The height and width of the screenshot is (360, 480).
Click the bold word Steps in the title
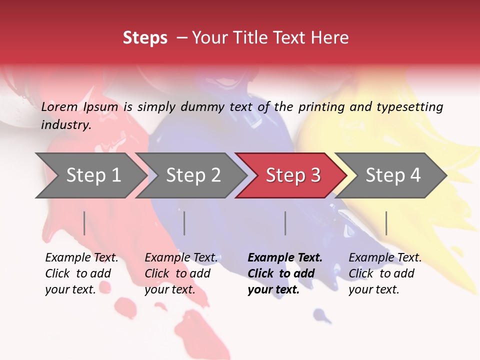pos(145,38)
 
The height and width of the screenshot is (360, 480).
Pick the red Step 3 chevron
pos(291,175)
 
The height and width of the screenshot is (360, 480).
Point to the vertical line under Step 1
pos(84,223)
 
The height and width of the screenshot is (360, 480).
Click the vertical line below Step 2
pos(184,223)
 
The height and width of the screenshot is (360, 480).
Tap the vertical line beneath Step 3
pos(285,223)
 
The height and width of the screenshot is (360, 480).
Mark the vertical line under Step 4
pos(386,223)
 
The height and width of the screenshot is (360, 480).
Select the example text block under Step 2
pos(180,273)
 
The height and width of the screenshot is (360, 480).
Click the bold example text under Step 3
pos(284,273)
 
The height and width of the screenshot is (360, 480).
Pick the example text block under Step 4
pos(384,273)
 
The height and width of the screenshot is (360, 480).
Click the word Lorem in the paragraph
pos(59,106)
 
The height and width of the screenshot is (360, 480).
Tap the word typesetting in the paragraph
pos(409,106)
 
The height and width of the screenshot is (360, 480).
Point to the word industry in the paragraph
pos(65,124)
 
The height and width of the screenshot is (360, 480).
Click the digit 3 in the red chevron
pos(315,175)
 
